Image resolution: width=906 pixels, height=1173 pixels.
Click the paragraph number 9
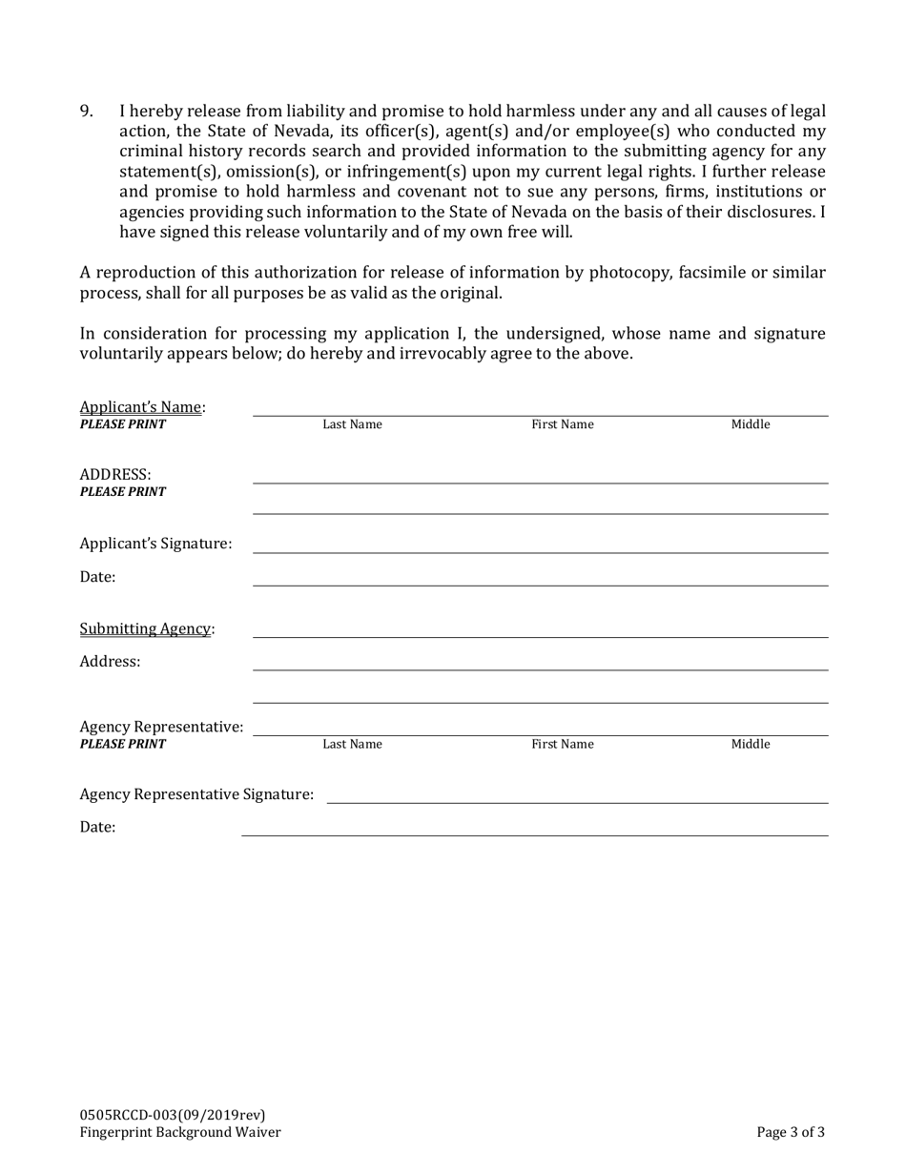click(86, 112)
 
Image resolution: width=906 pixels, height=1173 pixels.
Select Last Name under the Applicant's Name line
click(352, 425)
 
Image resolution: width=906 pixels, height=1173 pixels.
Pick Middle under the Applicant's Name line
click(750, 425)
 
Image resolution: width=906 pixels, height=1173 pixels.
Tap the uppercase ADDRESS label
click(115, 475)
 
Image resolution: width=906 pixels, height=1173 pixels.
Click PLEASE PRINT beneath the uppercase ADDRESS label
click(122, 492)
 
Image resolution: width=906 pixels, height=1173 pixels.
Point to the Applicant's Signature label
click(155, 544)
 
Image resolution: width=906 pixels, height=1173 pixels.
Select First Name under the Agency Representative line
click(563, 745)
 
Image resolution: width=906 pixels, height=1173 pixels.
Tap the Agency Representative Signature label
click(196, 794)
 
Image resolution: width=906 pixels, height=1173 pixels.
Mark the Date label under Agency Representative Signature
click(97, 828)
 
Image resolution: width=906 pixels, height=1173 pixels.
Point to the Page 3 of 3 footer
click(791, 1133)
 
